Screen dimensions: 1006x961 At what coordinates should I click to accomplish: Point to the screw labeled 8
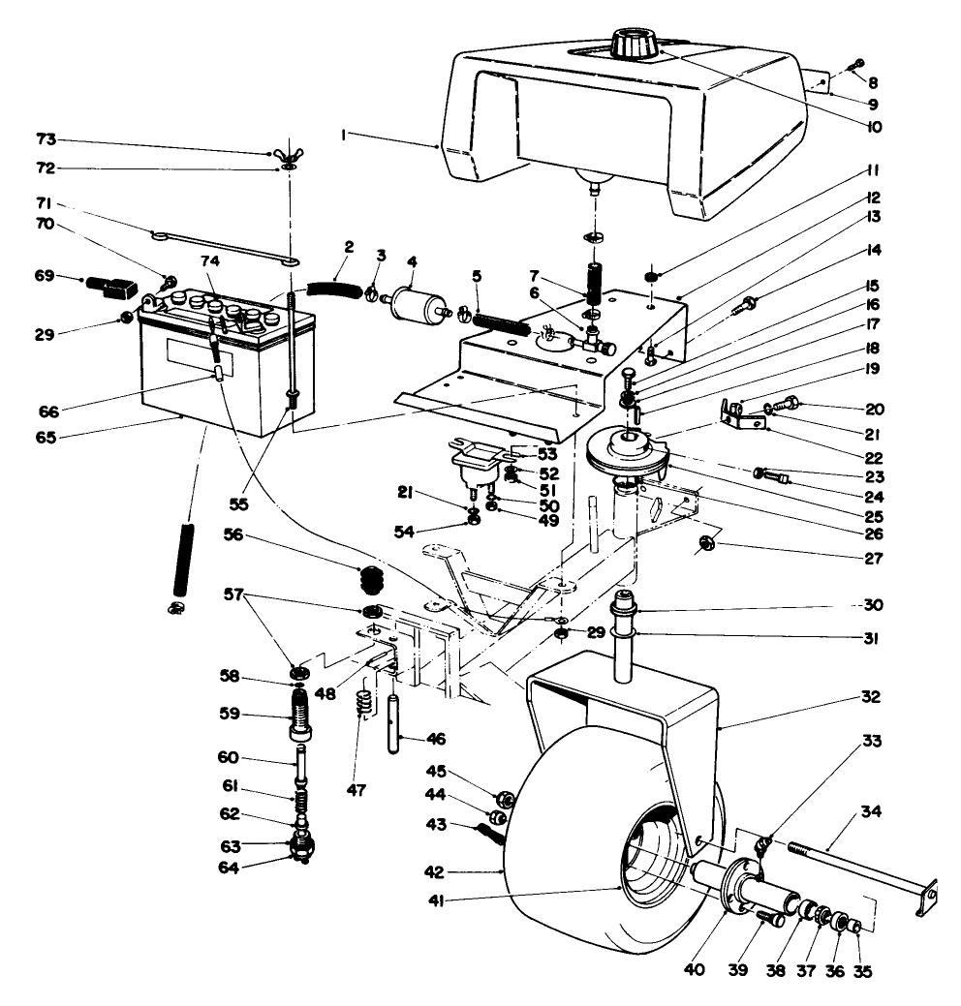pyautogui.click(x=853, y=64)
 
